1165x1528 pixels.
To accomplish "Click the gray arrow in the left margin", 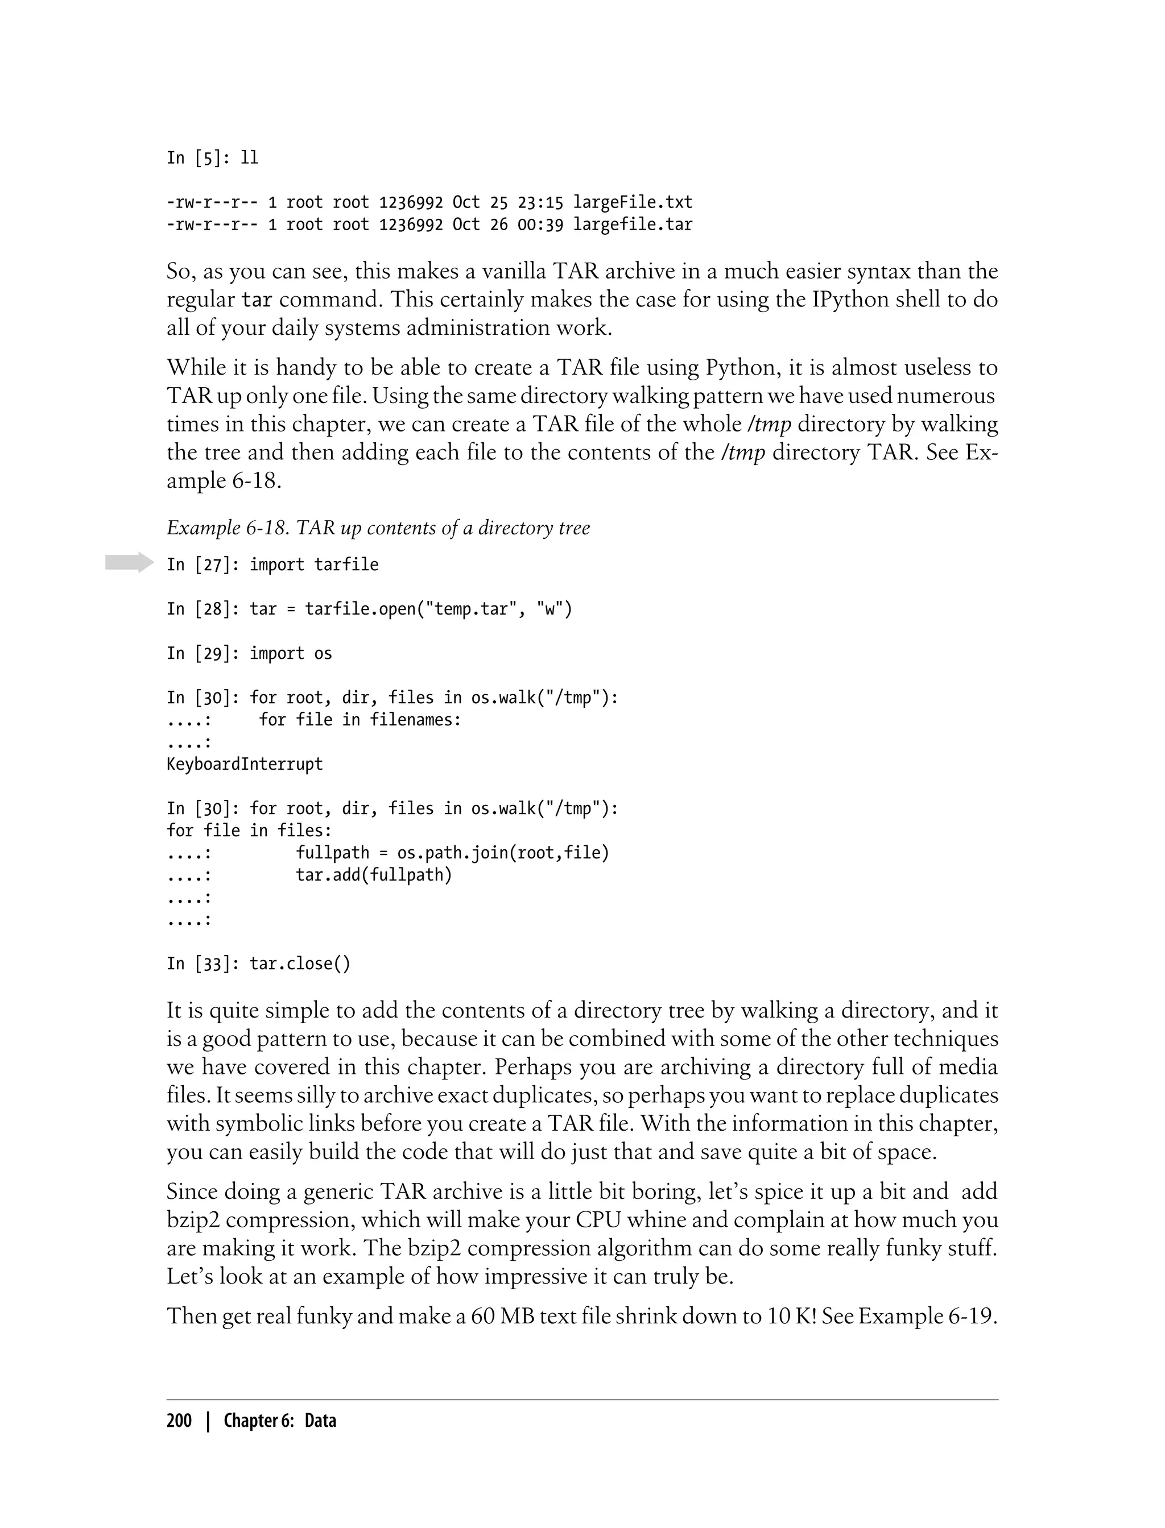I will (129, 562).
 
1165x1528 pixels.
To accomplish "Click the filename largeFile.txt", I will (633, 202).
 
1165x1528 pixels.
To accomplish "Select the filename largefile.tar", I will (633, 225).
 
